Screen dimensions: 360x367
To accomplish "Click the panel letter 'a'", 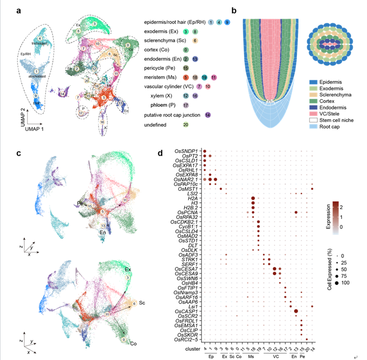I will [18, 10].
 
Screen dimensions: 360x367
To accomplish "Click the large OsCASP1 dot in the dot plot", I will [296, 311].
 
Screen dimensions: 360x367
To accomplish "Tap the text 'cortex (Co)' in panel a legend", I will [158, 50].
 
